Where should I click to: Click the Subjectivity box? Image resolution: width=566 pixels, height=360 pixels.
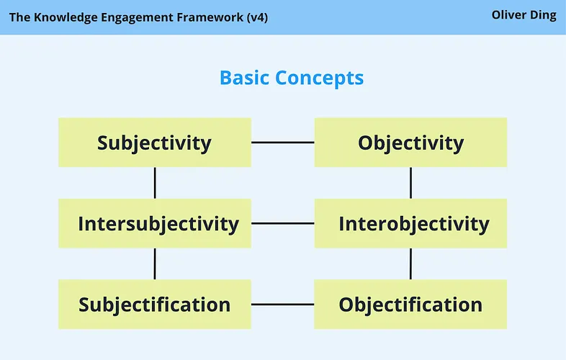pos(154,143)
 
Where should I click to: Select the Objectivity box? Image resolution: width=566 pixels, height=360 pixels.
pos(410,143)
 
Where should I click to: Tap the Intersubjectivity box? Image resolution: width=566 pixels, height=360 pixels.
pos(154,223)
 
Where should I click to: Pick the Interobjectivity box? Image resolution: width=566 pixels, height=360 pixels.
pos(410,223)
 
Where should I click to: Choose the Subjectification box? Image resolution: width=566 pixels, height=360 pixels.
pos(154,305)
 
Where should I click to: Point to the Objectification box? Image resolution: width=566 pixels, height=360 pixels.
pos(410,305)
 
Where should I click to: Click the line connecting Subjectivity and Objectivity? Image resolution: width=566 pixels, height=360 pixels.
pos(282,143)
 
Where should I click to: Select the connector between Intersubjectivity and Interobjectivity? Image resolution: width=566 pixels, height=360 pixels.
pos(282,223)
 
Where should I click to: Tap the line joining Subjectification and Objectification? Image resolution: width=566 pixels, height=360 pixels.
pos(282,305)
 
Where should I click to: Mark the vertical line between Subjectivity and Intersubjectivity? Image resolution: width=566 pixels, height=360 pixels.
pos(155,183)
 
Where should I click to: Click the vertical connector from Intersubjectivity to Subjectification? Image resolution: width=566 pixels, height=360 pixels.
pos(155,264)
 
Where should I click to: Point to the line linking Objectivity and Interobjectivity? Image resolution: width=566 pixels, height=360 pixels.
pos(410,183)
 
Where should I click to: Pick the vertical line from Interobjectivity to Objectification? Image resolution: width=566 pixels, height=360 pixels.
pos(410,264)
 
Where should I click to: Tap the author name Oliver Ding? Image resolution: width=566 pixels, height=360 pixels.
pos(524,15)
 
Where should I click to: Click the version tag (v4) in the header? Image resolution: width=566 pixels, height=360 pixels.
pos(255,17)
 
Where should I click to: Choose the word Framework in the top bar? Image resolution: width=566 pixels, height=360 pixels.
pos(204,17)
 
